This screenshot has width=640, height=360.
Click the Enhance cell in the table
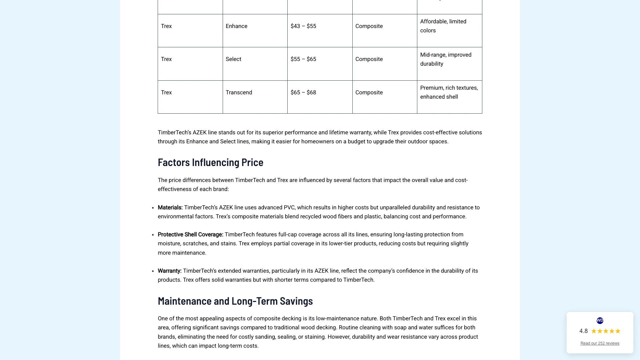point(236,26)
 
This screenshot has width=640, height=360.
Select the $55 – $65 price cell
point(303,59)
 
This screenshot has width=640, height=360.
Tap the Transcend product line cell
point(239,93)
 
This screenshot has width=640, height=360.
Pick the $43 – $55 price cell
point(303,26)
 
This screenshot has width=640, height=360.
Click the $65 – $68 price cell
point(303,93)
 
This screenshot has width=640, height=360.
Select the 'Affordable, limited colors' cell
point(443,26)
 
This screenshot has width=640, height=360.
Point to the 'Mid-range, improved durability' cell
point(445,59)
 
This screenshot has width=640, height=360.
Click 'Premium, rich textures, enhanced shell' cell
point(449,92)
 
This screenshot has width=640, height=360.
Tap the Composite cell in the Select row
point(369,59)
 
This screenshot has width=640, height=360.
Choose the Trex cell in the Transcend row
point(166,93)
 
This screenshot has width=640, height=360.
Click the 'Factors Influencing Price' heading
point(210,162)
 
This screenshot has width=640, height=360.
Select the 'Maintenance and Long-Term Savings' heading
point(235,301)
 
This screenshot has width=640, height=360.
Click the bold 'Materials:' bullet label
point(170,208)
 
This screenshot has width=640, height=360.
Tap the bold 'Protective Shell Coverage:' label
point(190,235)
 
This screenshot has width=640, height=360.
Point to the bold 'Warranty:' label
point(169,271)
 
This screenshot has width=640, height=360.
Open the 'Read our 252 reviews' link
point(600,343)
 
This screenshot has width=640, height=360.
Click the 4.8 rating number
point(583,331)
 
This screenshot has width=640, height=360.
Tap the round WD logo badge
point(600,321)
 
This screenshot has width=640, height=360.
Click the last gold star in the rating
point(618,331)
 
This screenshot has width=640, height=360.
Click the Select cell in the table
point(233,59)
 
